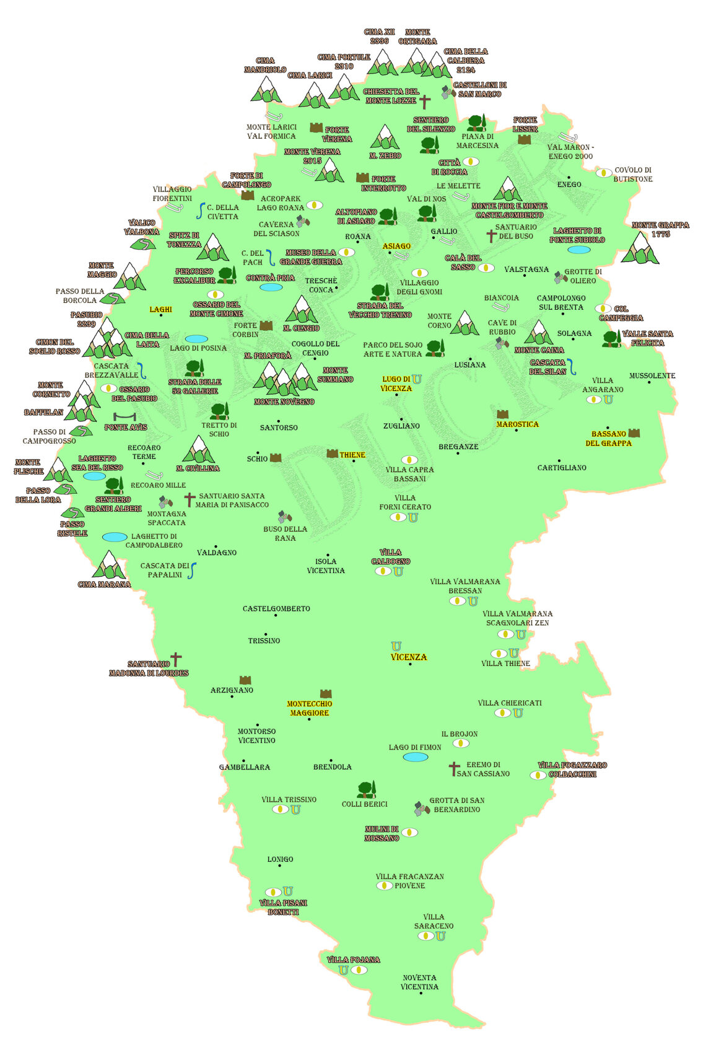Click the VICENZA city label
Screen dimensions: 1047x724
point(409,657)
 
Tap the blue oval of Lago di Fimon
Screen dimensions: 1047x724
point(416,757)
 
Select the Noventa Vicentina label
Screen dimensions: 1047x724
point(419,982)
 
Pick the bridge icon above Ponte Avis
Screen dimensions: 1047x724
point(124,417)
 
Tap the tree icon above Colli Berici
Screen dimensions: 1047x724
point(366,789)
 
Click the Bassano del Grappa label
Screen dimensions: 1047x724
point(608,439)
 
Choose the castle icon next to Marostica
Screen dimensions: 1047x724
point(502,414)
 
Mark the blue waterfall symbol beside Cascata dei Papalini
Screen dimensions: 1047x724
point(192,571)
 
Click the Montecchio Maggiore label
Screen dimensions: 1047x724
point(309,708)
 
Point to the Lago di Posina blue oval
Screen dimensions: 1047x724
point(197,339)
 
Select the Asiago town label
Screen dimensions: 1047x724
point(396,246)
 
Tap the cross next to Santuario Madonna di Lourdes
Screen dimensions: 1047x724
point(176,659)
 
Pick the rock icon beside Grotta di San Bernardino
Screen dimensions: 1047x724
point(422,808)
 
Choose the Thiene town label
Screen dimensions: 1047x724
point(352,455)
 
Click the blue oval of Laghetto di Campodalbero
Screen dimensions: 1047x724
point(115,537)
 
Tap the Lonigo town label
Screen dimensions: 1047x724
point(280,859)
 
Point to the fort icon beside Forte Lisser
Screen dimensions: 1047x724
point(525,139)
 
